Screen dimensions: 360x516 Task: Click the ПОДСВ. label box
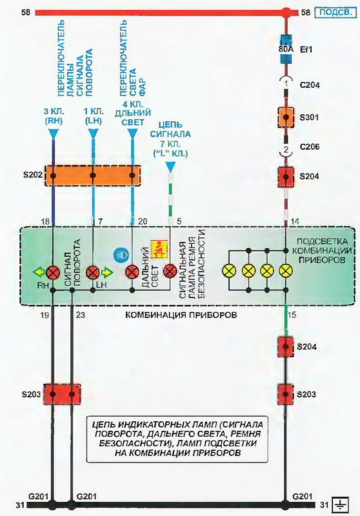tap(335, 12)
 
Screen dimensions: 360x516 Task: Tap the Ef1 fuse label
tap(306, 50)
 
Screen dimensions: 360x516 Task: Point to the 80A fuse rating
tap(286, 50)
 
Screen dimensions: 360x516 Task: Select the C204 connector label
tap(309, 85)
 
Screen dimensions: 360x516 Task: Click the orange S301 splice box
tap(286, 117)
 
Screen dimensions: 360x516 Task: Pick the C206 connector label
tap(309, 146)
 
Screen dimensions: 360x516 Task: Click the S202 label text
tap(33, 174)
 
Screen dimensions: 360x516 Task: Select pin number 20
tap(143, 221)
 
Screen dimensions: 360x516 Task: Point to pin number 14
tap(295, 221)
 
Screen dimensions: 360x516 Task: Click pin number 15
tap(292, 315)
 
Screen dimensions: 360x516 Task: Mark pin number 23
tap(80, 315)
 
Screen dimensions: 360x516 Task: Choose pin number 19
tap(45, 315)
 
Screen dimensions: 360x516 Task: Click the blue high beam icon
tap(121, 255)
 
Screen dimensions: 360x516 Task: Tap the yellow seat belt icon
tap(159, 248)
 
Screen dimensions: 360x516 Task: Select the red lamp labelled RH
tap(52, 272)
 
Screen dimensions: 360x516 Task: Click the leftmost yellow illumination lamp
tap(230, 271)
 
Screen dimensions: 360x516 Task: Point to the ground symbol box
tap(340, 504)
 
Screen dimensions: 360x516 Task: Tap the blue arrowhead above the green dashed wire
tap(170, 167)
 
